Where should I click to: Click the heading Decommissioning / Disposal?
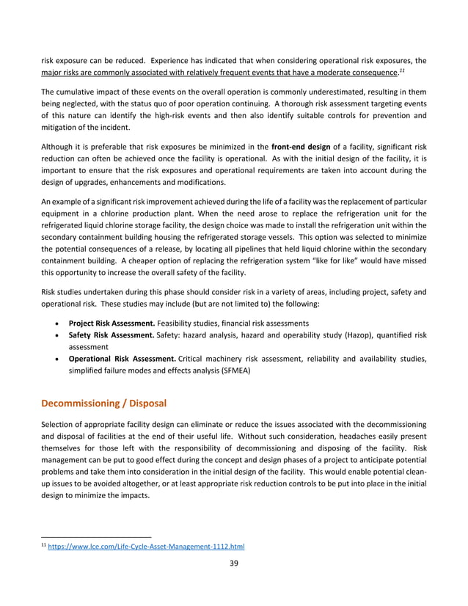tap(104, 403)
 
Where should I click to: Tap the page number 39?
tap(233, 563)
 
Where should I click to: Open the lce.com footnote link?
tap(146, 547)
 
